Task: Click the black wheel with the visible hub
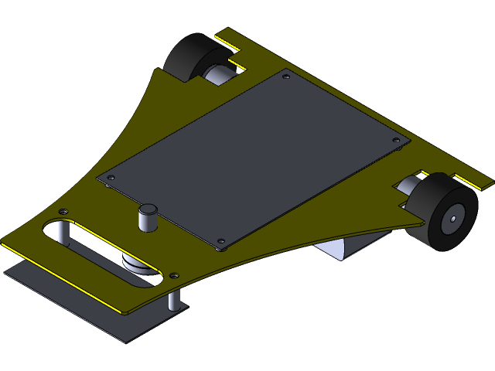coord(439,213)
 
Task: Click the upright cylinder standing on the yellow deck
coord(147,217)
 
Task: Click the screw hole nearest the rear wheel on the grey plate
coord(286,77)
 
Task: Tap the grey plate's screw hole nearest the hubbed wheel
coord(396,141)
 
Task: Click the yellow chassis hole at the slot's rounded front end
coord(63,211)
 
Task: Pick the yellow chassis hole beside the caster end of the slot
coord(174,274)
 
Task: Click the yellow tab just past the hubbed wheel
coord(473,182)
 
